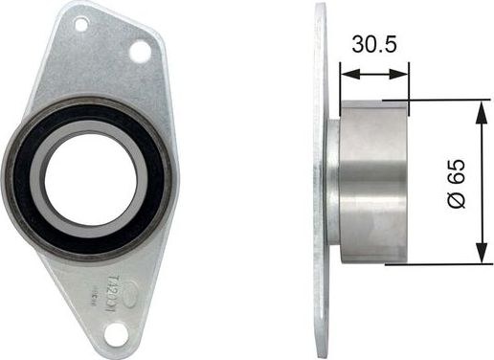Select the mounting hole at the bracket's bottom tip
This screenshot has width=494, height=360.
[116, 333]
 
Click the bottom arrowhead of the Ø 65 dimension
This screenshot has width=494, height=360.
[477, 257]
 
